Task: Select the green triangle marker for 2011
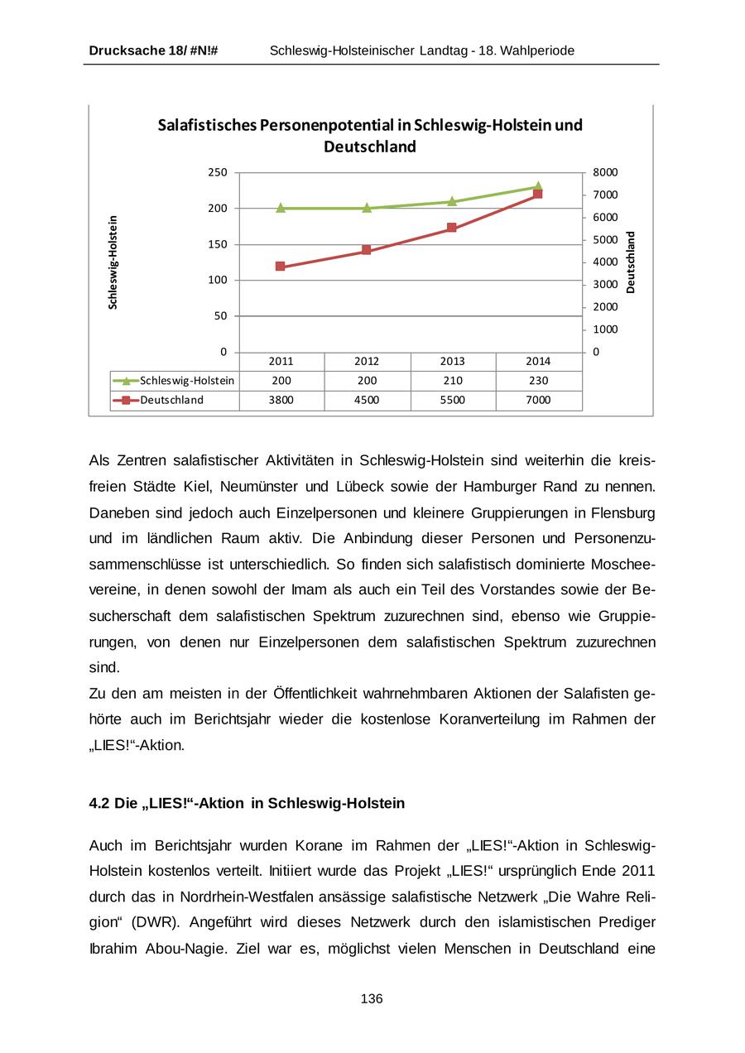tap(281, 208)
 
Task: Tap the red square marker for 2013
tap(452, 228)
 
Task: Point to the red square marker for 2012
tap(367, 250)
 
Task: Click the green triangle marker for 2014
tap(538, 187)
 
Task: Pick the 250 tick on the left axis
tap(217, 173)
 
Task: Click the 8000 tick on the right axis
tap(606, 173)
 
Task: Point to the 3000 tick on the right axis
tap(606, 285)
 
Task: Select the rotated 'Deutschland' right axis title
tap(631, 262)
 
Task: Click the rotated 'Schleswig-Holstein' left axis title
tap(113, 262)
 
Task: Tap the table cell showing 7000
tap(538, 400)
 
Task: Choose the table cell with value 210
tap(452, 381)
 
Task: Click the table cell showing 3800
tap(281, 400)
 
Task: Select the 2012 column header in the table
tap(367, 362)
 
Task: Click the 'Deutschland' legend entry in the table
tap(171, 400)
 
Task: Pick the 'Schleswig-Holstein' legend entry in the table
tap(187, 381)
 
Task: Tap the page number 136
tap(372, 999)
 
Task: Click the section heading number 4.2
tap(99, 804)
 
